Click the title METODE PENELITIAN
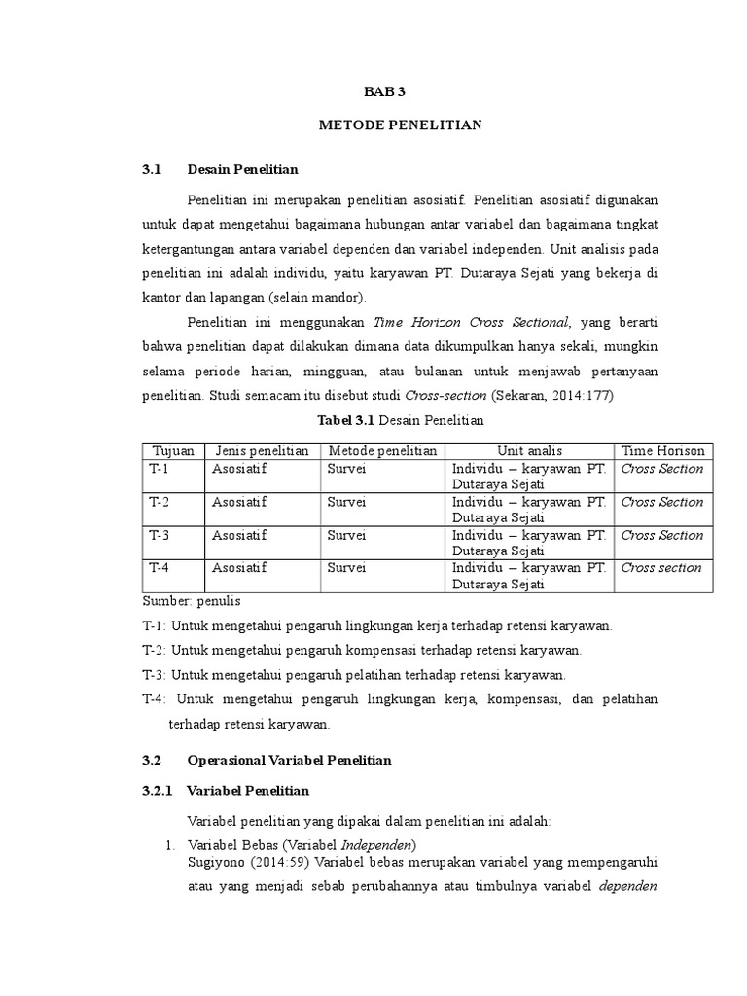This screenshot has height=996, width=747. point(401,125)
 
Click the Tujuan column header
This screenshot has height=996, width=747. point(174,451)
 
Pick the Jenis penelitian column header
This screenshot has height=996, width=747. point(262,451)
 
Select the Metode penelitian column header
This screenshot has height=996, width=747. point(382,451)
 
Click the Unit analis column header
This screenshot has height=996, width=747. point(529,451)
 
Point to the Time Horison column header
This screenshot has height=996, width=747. point(662,451)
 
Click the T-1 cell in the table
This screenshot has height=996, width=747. point(160,469)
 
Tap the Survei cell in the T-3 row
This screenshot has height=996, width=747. point(346,535)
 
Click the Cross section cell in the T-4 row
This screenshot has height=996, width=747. point(660,568)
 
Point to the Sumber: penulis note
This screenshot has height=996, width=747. point(192,601)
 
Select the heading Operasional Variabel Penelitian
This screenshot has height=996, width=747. point(289,760)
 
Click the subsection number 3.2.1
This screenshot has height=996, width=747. point(157,791)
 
